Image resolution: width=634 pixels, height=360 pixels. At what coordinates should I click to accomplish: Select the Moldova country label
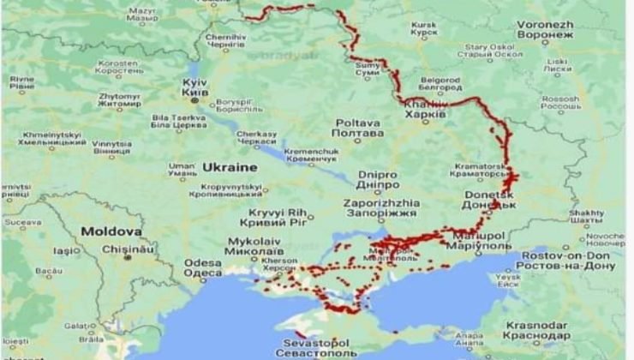coord(111,231)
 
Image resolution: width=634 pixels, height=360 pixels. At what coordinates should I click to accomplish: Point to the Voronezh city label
coord(545,30)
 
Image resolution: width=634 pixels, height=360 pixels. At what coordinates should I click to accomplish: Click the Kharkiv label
coord(424,109)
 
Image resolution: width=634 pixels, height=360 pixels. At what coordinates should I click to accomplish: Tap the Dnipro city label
coord(378,177)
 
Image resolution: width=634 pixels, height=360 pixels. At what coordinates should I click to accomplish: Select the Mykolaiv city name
coord(254,246)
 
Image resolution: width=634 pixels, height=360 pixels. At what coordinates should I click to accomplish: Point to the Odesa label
coord(203,268)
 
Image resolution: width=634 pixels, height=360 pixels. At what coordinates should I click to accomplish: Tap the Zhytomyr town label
coord(119,100)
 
